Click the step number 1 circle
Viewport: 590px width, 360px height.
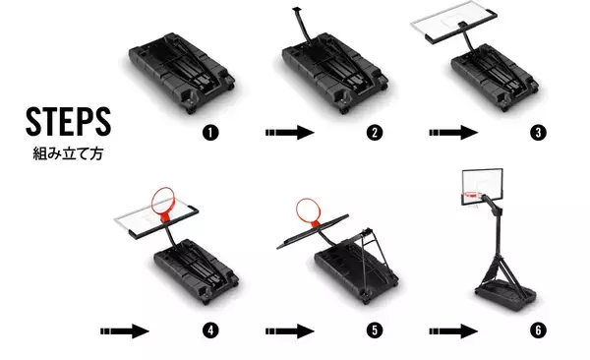point(209,131)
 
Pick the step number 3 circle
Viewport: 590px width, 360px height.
point(536,131)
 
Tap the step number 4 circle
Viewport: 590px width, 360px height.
point(209,330)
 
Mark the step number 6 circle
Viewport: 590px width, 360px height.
point(536,330)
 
